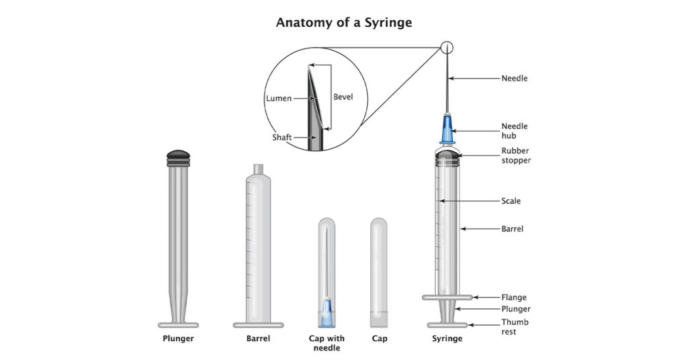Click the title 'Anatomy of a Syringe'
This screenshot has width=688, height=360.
click(344, 22)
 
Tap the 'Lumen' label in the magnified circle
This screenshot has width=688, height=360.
click(278, 98)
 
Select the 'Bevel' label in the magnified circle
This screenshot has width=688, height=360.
click(343, 97)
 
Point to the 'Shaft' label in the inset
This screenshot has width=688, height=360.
click(282, 137)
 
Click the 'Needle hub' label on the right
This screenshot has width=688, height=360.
click(515, 130)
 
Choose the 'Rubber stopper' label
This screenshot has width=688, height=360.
click(516, 155)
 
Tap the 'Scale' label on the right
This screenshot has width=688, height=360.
click(511, 201)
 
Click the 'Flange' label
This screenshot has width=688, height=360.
click(514, 297)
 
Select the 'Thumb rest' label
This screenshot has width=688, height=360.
click(515, 326)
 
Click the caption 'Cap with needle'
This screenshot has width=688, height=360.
click(326, 343)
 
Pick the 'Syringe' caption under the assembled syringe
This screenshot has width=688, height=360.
click(447, 339)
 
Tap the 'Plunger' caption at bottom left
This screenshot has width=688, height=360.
click(178, 339)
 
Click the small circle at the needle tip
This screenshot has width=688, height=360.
click(447, 48)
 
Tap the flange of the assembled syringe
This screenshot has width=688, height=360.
click(447, 297)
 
